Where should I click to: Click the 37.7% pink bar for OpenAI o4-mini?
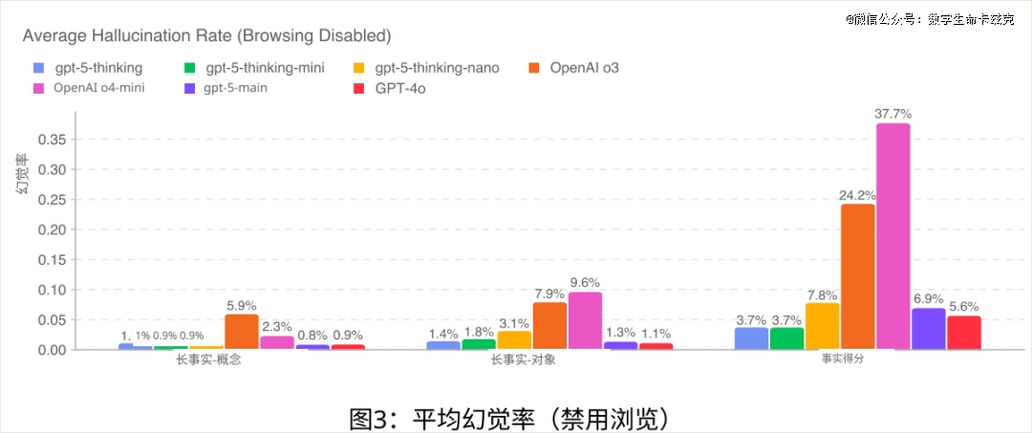pyautogui.click(x=892, y=236)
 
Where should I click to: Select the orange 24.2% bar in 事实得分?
pyautogui.click(x=857, y=276)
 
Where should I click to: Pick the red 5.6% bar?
pyautogui.click(x=963, y=333)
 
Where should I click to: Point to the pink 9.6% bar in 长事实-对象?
pyautogui.click(x=585, y=321)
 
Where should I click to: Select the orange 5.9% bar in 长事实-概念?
pyautogui.click(x=242, y=332)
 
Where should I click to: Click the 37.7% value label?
pyautogui.click(x=892, y=114)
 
